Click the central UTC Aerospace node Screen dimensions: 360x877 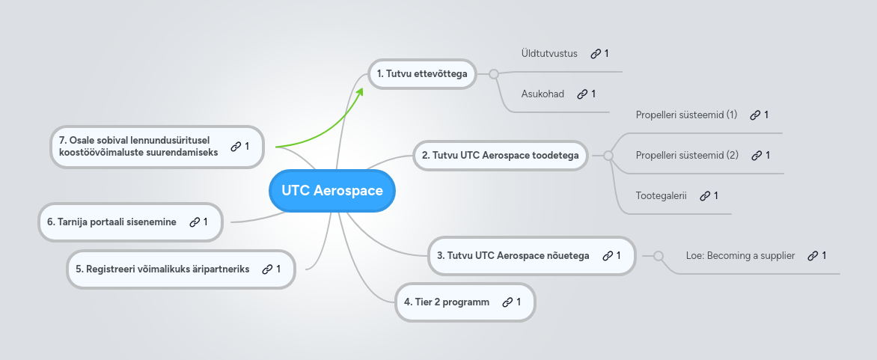[331, 191]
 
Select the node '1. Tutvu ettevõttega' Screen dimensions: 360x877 [422, 73]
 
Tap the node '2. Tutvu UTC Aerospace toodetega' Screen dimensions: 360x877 [499, 156]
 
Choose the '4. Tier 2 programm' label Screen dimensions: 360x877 [447, 302]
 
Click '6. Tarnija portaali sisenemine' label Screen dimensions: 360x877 [111, 222]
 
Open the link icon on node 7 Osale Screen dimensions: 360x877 [235, 147]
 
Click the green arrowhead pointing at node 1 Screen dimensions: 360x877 [360, 91]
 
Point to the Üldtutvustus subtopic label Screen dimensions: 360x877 [549, 54]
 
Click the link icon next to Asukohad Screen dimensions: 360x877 [581, 94]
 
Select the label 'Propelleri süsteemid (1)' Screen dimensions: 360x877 [686, 115]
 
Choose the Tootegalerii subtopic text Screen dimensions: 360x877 [661, 196]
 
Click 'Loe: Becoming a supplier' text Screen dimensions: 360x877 [740, 256]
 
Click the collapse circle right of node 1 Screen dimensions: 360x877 [493, 73]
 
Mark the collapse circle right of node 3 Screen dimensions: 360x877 [658, 256]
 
